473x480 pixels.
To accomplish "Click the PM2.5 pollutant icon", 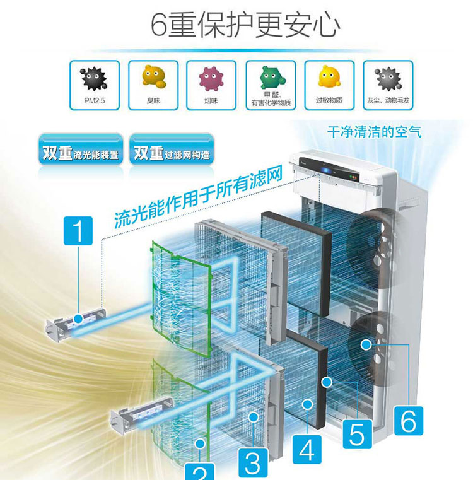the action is coord(94,79).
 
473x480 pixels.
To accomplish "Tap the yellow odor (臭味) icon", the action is coord(152,79).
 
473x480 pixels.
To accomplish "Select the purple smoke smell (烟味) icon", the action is coord(211,79).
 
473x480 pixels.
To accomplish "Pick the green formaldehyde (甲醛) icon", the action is coord(270,79).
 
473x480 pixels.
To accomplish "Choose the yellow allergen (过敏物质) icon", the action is coord(329,79).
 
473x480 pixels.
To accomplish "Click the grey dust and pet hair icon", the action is coord(388,79).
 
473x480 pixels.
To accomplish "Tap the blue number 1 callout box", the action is coord(78,231).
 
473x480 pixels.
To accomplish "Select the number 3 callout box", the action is coord(252,463).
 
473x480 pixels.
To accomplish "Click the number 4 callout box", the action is coord(307,450).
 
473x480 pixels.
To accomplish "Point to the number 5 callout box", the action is coord(357,434).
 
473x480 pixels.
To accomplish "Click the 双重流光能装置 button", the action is coord(80,151).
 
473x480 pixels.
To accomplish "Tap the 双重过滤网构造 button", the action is coord(171,151).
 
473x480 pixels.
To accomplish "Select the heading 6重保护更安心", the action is coord(246,25).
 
